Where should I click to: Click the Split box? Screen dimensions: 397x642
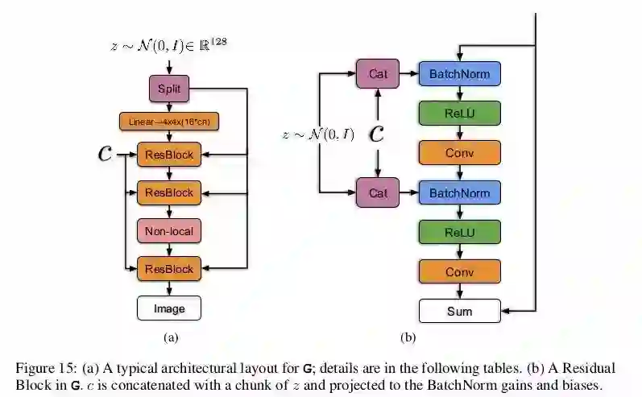(169, 88)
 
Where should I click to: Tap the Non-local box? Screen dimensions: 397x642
(169, 232)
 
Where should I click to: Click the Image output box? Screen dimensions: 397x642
(169, 308)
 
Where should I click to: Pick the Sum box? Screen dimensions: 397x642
(459, 310)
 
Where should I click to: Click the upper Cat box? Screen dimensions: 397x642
(378, 75)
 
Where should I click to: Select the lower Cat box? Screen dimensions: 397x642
(378, 192)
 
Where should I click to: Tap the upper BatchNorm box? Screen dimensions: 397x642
(459, 75)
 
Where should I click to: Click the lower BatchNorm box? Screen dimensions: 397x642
(459, 192)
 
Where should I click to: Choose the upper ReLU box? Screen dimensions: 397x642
(459, 113)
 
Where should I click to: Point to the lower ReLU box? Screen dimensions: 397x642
(459, 232)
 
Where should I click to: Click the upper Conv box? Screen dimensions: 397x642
(459, 152)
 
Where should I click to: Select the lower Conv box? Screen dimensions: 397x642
(459, 271)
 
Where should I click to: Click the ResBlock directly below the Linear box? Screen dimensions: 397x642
(169, 155)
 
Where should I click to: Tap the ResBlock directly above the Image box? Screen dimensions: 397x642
(169, 269)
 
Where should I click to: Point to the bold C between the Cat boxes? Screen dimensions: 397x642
(376, 134)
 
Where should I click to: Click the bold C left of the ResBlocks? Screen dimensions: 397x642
(105, 154)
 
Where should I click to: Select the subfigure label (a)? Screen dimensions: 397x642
(170, 338)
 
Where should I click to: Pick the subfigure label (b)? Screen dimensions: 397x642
(408, 338)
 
